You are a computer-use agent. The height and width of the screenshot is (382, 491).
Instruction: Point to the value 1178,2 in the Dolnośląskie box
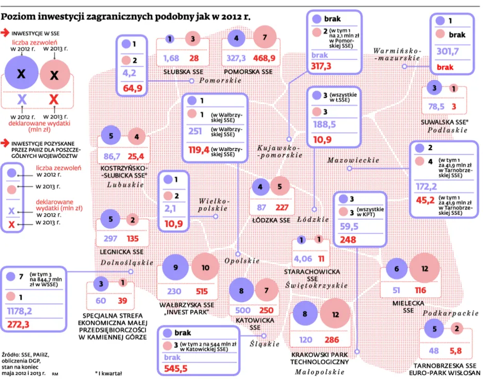tap(19, 311)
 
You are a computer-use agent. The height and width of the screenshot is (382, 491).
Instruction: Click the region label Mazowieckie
tap(353, 161)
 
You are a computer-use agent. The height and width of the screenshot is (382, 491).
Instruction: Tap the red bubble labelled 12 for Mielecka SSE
tap(424, 268)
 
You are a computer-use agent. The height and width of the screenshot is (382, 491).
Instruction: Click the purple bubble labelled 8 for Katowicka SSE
tap(241, 291)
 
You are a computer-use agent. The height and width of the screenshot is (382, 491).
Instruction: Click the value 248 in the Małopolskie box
tap(348, 239)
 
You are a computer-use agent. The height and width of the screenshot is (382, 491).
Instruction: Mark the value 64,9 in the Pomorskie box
tap(133, 88)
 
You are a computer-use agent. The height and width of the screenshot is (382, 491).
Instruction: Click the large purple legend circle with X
tap(21, 74)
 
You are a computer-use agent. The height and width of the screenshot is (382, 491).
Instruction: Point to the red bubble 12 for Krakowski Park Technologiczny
tap(334, 315)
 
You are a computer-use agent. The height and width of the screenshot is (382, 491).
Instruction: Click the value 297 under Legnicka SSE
tap(110, 239)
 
